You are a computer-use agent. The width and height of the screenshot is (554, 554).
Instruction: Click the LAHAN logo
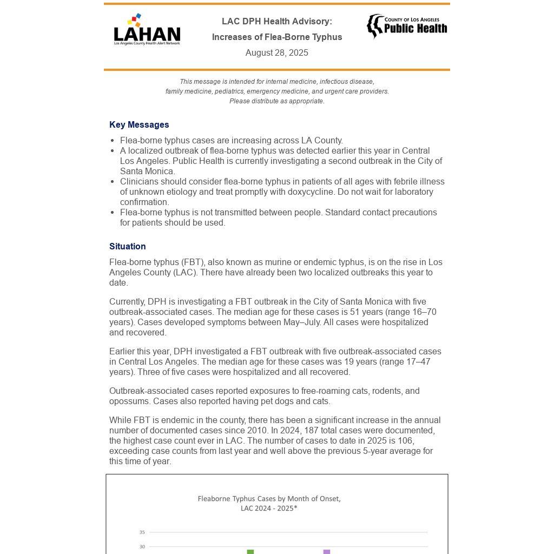pos(147,30)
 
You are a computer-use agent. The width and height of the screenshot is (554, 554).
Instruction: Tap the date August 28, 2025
pos(276,52)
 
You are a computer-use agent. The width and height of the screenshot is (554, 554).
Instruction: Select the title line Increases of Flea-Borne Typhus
pos(276,37)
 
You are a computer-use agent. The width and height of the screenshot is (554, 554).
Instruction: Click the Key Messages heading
pos(139,124)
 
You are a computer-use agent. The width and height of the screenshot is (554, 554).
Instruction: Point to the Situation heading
pos(127,246)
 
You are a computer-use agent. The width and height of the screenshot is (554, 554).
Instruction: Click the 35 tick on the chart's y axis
pos(142,532)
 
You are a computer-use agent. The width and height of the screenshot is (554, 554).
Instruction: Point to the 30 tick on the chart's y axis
pos(142,546)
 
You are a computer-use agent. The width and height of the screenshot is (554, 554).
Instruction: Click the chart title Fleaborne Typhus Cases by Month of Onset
pos(269,499)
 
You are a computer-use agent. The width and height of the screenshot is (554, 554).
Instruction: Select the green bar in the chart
pos(250,551)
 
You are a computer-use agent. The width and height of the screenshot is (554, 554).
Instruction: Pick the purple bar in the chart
pos(327,551)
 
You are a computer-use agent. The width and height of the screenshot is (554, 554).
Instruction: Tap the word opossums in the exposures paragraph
pos(130,401)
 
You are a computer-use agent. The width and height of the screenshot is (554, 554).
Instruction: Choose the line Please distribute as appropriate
pos(276,101)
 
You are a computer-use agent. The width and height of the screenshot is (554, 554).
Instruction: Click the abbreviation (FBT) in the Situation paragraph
pos(192,262)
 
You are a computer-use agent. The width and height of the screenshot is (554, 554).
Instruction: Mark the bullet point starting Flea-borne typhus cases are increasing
pos(231,140)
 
